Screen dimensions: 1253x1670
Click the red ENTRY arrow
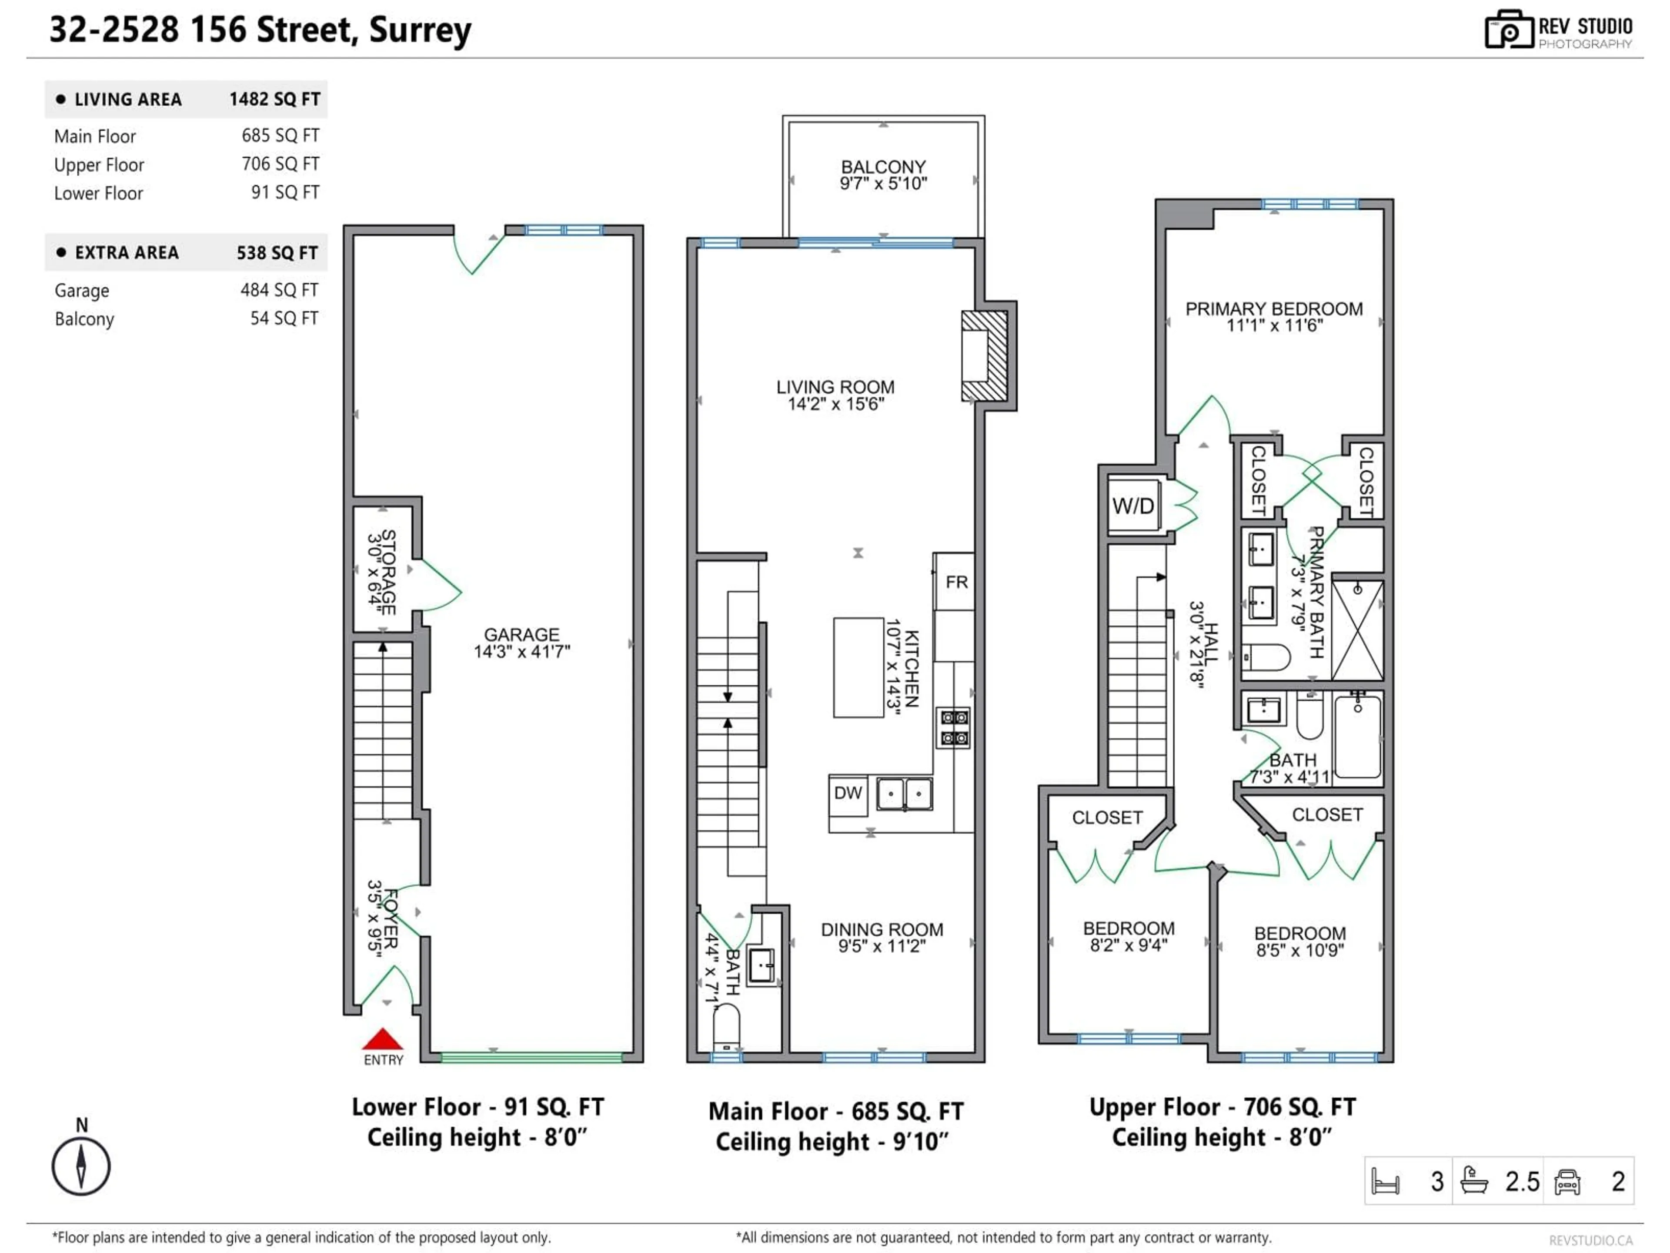coord(383,1039)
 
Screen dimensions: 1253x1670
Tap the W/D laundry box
coord(1133,505)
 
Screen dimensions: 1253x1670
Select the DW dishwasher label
coord(848,793)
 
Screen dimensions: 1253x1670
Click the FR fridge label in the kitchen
coord(956,582)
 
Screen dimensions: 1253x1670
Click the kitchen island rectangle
coord(858,667)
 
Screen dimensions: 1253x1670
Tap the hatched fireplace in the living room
coord(985,356)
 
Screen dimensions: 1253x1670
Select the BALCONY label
coord(883,167)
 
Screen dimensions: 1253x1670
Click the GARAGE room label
coord(522,635)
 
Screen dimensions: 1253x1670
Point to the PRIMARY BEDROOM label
coord(1274,309)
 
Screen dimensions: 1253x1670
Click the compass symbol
coord(81,1166)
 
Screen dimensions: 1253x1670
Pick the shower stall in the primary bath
coord(1357,630)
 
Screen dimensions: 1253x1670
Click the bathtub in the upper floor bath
coord(1357,737)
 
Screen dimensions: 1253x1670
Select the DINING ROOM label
coord(882,930)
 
